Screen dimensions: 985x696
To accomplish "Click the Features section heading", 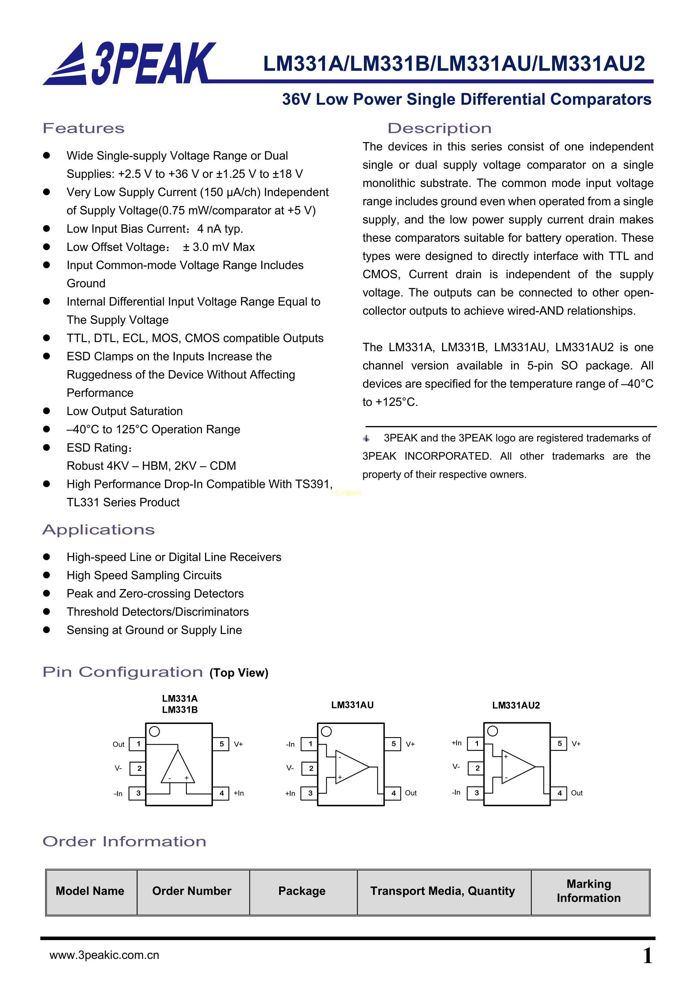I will [84, 128].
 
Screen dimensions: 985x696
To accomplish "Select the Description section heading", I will [439, 128].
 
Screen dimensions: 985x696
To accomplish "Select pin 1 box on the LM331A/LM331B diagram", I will [138, 744].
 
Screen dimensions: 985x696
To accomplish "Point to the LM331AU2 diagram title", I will [516, 705].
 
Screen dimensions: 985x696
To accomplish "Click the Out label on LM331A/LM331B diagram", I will [118, 744].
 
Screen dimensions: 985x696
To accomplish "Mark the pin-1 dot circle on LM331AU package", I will [326, 732].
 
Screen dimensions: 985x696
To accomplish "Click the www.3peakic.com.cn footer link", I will [104, 955].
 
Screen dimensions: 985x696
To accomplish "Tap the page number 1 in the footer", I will [647, 956].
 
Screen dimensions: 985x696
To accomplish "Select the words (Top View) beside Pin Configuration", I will [239, 673].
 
